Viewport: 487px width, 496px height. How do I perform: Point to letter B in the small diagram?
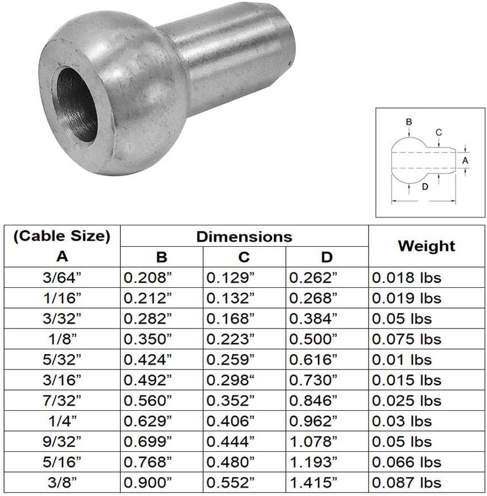(x=409, y=121)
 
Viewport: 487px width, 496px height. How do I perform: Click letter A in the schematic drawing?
(x=465, y=161)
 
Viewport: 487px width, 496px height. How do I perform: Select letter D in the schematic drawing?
(x=425, y=187)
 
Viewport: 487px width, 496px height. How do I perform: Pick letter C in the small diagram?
(x=439, y=132)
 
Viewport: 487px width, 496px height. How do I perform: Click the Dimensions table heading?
(x=244, y=236)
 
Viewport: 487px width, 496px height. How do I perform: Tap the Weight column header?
(x=426, y=246)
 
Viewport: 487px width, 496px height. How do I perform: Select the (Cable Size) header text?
(x=62, y=236)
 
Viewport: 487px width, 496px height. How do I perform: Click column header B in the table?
(x=162, y=257)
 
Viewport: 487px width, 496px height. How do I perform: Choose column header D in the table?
(x=327, y=257)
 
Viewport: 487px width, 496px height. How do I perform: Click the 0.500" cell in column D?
(x=314, y=339)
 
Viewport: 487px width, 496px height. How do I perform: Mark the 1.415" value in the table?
(x=314, y=484)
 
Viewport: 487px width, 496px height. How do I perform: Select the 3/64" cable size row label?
(x=62, y=278)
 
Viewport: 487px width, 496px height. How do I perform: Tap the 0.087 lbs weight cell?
(x=406, y=484)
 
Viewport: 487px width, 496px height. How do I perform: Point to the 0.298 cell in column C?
(x=230, y=380)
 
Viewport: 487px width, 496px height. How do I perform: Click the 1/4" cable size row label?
(x=62, y=422)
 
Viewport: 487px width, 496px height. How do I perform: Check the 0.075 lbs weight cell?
(x=406, y=339)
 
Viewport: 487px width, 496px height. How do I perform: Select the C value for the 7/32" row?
(x=230, y=401)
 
